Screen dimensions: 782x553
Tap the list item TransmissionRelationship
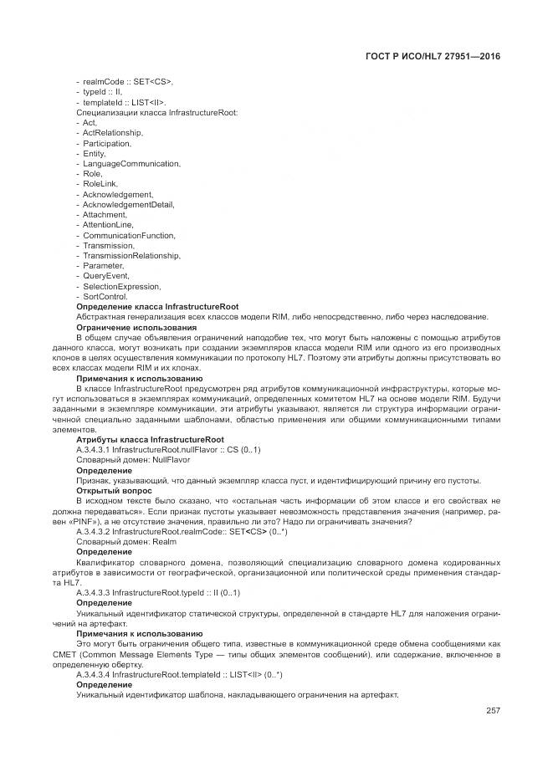pyautogui.click(x=131, y=256)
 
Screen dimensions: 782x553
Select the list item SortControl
pyautogui.click(x=105, y=297)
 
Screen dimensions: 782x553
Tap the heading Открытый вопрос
pyautogui.click(x=114, y=490)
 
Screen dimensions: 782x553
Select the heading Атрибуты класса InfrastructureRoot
pyautogui.click(x=150, y=439)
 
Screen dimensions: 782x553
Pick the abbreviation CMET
pyautogui.click(x=64, y=654)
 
